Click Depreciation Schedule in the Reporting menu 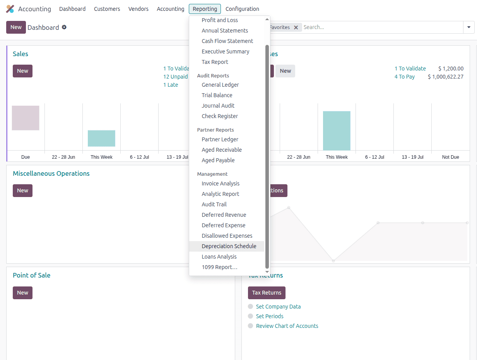(x=229, y=246)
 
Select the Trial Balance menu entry (x=217, y=95)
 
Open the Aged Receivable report (x=222, y=150)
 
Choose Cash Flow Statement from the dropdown (x=227, y=41)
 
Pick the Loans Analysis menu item (x=219, y=257)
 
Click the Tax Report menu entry (x=215, y=62)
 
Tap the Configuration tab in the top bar (x=242, y=9)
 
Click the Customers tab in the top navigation (x=107, y=9)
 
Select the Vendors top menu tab (x=138, y=9)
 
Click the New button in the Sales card (x=22, y=71)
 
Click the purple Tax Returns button (x=267, y=293)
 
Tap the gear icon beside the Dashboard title (x=64, y=27)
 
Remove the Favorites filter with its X (x=296, y=27)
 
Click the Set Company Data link (x=278, y=307)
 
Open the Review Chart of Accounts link (x=287, y=326)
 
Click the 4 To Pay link (x=405, y=77)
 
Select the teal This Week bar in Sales (x=101, y=138)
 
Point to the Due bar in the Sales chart (x=26, y=118)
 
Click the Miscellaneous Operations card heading (x=51, y=173)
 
